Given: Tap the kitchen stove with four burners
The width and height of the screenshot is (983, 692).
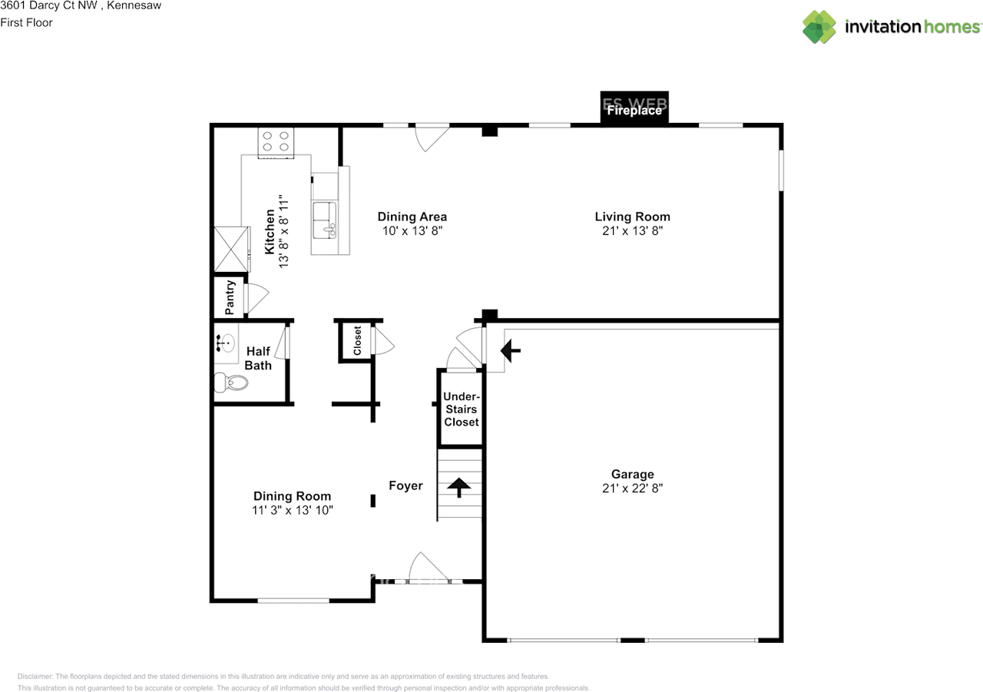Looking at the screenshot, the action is point(276,143).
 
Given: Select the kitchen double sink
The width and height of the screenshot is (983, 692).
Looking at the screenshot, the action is point(325,220).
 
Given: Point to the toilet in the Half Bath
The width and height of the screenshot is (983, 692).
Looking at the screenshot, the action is point(231,382).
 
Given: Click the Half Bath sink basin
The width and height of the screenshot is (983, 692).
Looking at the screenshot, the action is point(226,343).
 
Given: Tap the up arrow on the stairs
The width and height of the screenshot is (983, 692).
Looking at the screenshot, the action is point(459,487).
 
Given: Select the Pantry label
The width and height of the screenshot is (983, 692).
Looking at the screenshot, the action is point(230,297).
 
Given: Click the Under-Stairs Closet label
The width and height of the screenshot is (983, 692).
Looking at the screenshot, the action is point(462,409).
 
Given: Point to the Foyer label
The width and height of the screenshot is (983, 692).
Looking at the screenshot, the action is point(405,485).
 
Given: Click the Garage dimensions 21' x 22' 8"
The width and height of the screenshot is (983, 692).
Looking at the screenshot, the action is point(632,488).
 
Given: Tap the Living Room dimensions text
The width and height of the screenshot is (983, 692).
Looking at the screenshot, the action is point(632,230).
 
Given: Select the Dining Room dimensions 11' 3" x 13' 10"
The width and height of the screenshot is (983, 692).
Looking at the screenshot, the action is point(293,510).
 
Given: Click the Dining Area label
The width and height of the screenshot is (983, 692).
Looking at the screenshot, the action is point(412,217).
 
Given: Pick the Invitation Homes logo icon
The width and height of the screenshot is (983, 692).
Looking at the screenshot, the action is point(819,27).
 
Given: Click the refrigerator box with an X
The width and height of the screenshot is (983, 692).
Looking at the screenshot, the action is point(231,249).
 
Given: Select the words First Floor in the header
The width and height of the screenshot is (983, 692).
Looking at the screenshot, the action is point(26,22).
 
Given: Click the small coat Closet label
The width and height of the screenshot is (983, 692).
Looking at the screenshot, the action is point(357,340).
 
